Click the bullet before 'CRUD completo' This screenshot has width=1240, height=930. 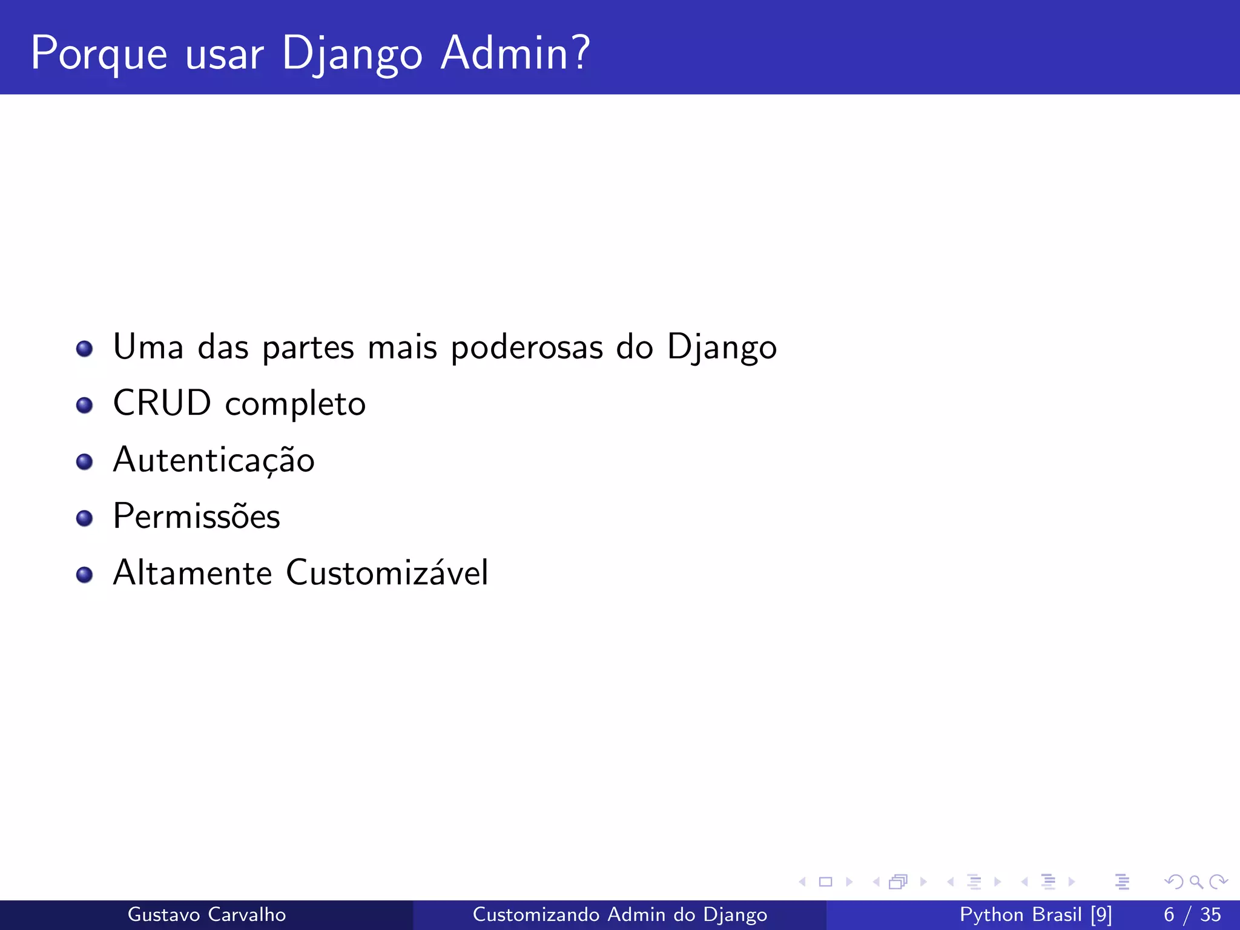pos(84,405)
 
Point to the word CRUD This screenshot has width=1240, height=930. pos(162,403)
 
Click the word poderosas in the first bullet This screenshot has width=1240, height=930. pos(527,348)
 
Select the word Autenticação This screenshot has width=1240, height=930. pos(214,460)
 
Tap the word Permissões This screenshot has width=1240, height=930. pos(196,516)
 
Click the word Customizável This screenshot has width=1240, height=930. pos(386,573)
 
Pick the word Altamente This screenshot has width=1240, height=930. pos(193,573)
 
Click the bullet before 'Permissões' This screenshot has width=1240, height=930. pos(84,518)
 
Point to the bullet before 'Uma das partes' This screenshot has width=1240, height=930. pos(84,349)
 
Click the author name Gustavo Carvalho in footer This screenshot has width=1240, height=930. pos(206,914)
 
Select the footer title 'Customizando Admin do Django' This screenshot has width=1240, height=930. pos(619,914)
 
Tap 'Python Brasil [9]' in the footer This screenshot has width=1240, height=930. pos(1035,914)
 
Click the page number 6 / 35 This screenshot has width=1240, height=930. pos(1192,914)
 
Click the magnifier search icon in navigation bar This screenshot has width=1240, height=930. pos(1196,882)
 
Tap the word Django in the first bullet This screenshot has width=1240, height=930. pos(722,348)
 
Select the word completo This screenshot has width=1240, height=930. pos(295,404)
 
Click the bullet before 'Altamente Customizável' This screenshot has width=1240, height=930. pos(84,574)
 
